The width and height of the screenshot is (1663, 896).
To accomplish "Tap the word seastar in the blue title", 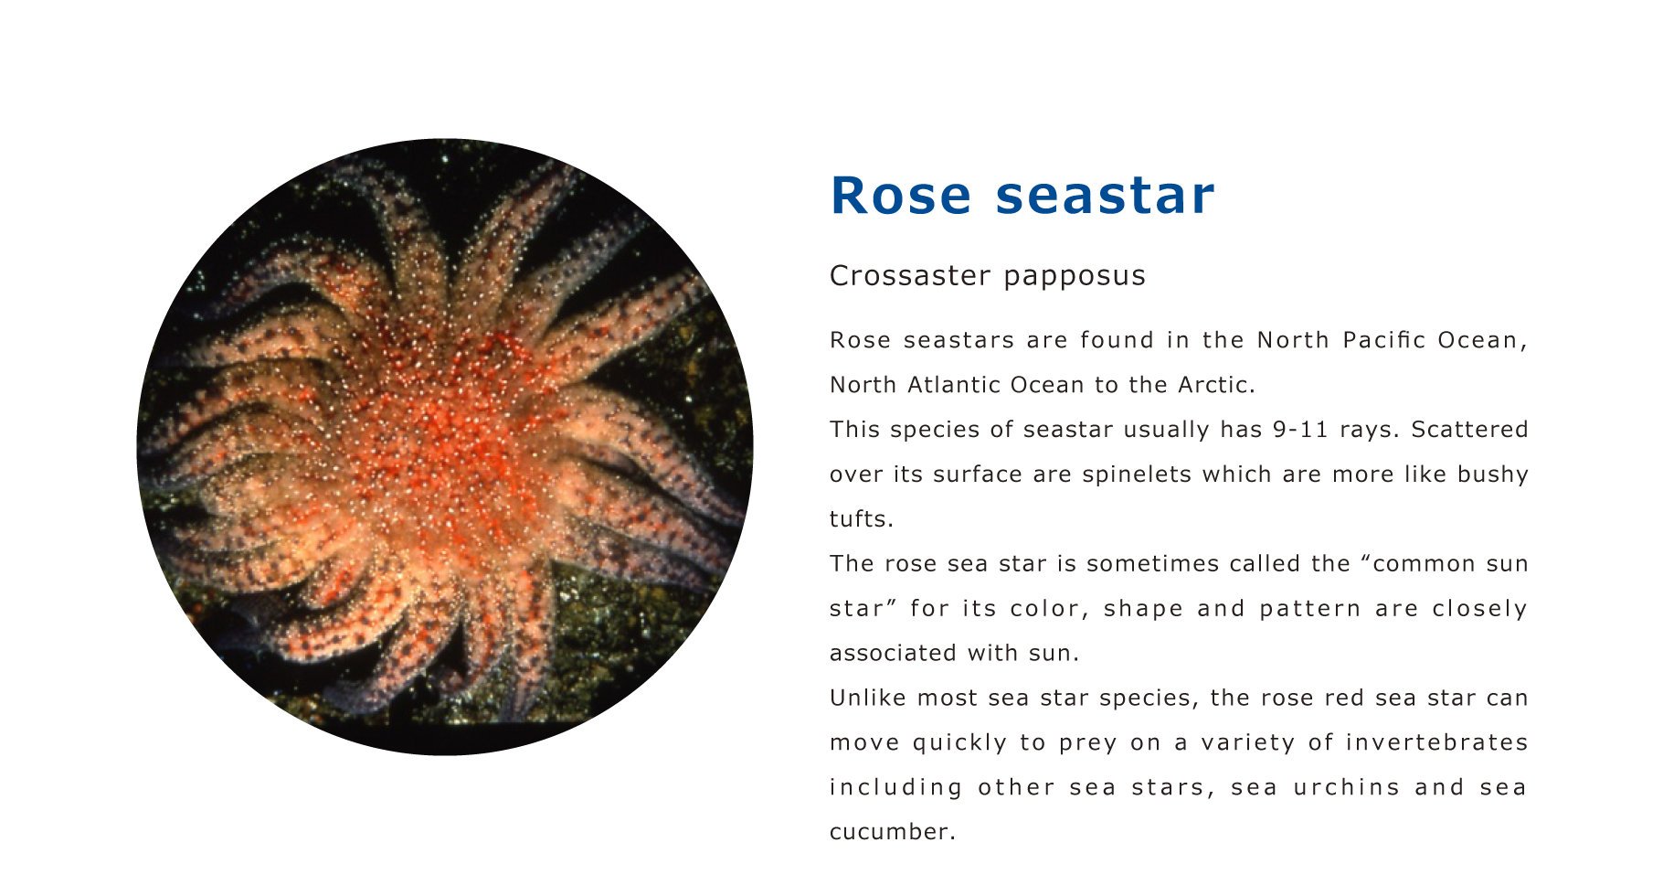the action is [x=1105, y=195].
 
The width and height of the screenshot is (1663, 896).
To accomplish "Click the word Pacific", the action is [x=1383, y=340].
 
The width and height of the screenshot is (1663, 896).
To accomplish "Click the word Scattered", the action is [x=1469, y=430].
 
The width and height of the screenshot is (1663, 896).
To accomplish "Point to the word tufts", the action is [x=861, y=519].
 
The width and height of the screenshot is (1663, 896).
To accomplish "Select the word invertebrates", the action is [x=1437, y=743].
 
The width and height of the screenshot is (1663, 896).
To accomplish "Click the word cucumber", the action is [x=892, y=833].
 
